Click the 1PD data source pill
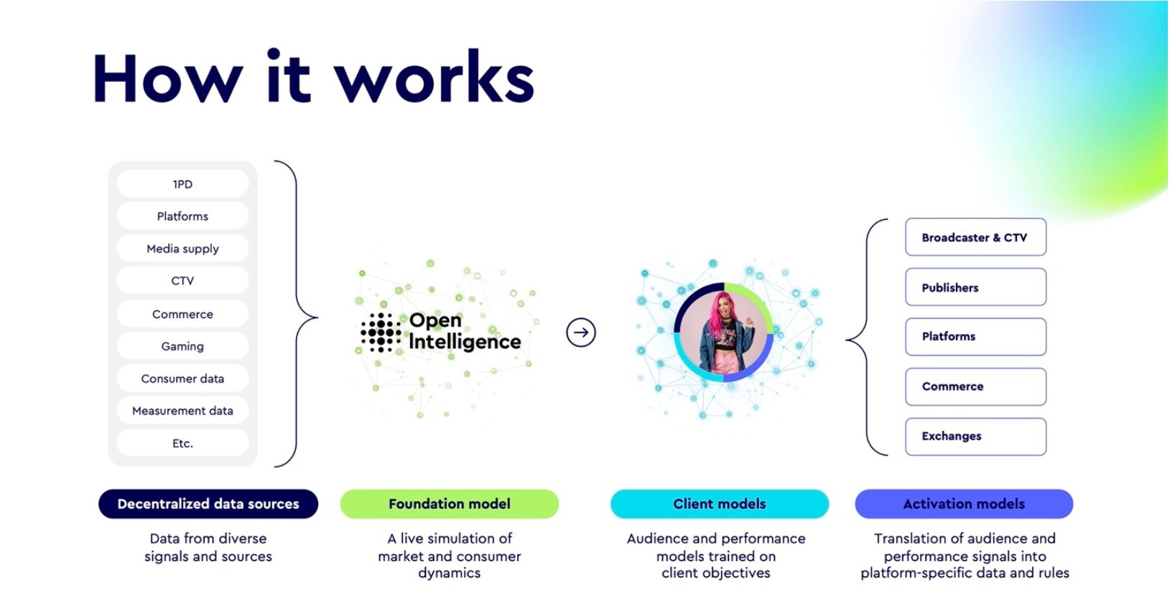pos(182,184)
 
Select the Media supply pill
pos(182,249)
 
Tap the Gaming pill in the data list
pos(182,346)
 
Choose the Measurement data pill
pos(182,411)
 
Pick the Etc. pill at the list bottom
pos(182,443)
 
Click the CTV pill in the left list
pos(182,281)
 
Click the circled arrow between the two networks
pos(580,333)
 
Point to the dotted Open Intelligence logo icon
pos(381,333)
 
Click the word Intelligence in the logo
pos(465,342)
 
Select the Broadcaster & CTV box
pos(975,238)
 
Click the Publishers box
pos(975,287)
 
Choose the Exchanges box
pos(975,436)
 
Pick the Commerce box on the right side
pos(975,386)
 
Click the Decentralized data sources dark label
pos(208,504)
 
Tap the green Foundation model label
pos(449,504)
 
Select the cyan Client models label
pos(719,504)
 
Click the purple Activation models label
pos(964,504)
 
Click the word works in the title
pos(435,79)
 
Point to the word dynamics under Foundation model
pos(449,573)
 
